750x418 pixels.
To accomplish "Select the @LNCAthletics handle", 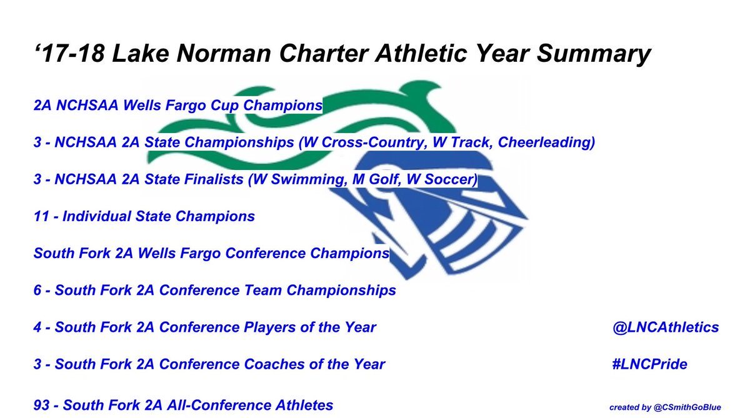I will [666, 327].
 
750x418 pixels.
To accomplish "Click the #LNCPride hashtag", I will [650, 364].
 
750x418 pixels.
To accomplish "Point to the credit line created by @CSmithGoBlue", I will [664, 407].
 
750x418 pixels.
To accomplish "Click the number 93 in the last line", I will [42, 405].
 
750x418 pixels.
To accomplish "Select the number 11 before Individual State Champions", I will [41, 217].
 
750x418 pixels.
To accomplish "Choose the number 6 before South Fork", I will [38, 290].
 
